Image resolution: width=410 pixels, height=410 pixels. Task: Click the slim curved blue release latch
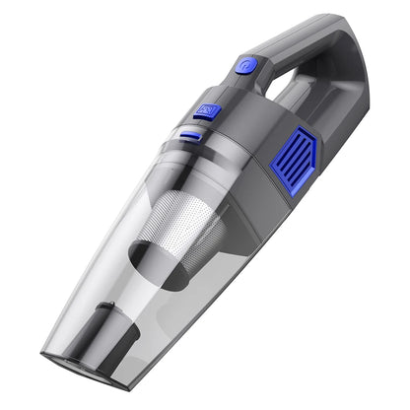191,135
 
